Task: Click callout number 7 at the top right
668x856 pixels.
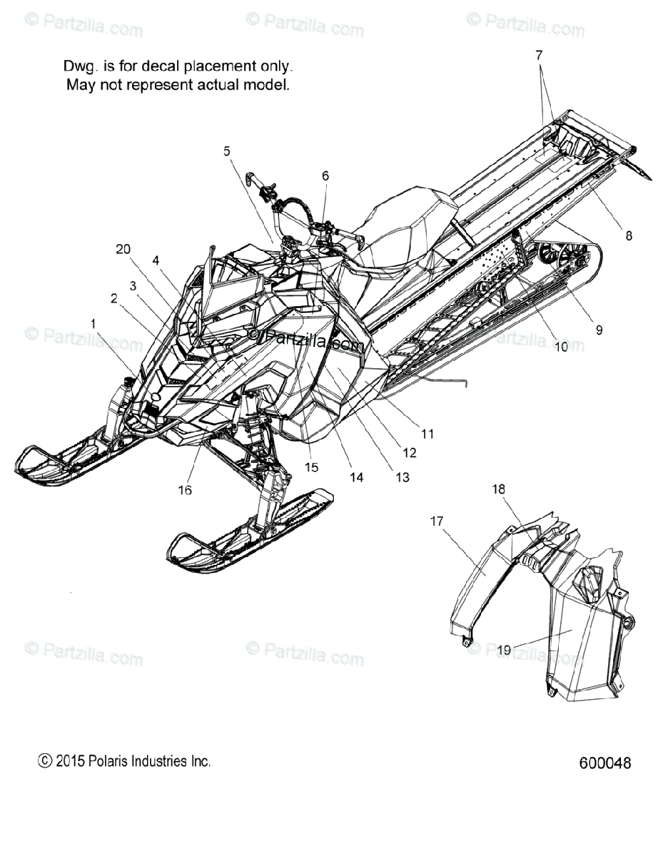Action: [539, 56]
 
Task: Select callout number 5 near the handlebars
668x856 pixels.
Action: [227, 151]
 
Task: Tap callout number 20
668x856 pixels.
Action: [123, 249]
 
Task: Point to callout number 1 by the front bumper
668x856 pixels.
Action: [93, 324]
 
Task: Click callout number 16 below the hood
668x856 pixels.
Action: [185, 490]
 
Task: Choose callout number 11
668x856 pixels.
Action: [427, 434]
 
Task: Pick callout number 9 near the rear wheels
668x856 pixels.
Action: [599, 330]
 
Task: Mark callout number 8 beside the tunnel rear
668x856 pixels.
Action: [629, 235]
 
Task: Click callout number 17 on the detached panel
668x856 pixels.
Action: [437, 521]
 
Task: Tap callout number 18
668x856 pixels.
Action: [499, 489]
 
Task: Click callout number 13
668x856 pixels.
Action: [403, 477]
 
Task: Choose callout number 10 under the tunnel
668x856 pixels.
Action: [561, 347]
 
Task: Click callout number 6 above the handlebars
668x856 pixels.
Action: [325, 175]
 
